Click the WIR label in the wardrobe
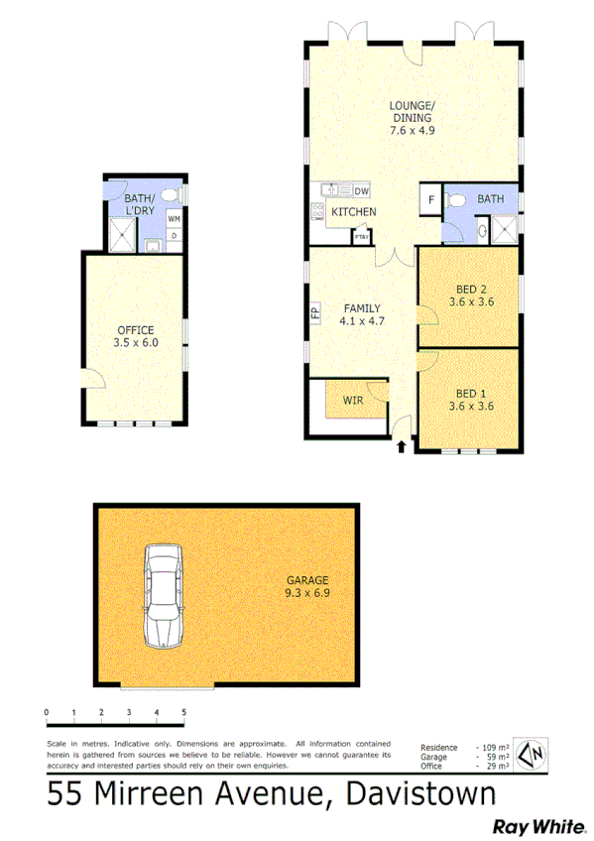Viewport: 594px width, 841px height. (352, 400)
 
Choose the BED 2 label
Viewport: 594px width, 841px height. (471, 296)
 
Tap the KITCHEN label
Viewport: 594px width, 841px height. (353, 212)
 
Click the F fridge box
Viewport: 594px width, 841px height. (430, 199)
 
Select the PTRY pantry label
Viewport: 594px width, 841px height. (362, 237)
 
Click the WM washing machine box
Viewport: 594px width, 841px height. (174, 218)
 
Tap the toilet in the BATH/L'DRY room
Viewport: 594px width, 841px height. (169, 194)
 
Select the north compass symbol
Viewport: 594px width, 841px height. (535, 755)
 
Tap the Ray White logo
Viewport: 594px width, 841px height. (530, 825)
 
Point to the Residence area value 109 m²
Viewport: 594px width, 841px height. (494, 747)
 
